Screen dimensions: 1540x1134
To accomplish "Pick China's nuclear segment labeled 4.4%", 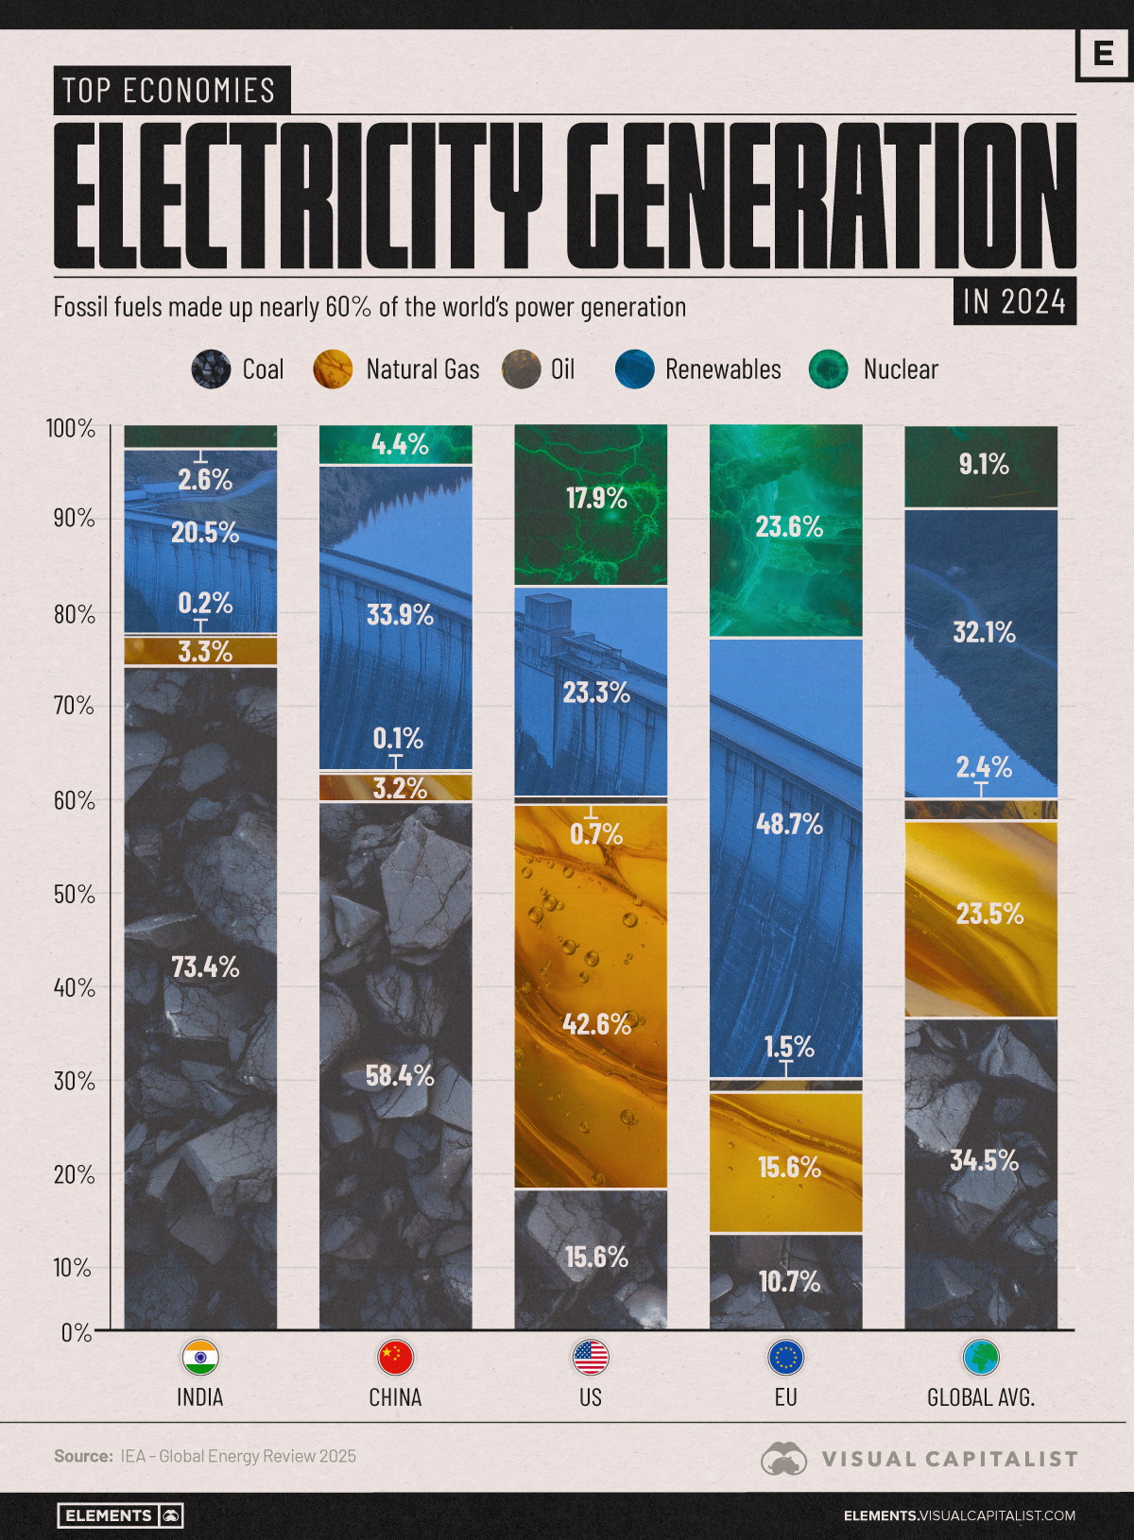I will (x=396, y=444).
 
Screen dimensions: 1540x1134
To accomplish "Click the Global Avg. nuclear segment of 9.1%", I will (x=981, y=466).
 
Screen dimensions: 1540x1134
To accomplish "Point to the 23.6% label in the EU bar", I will (x=789, y=527).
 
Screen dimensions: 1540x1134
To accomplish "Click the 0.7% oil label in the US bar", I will (x=596, y=834).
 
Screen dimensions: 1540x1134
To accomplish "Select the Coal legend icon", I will (x=211, y=369).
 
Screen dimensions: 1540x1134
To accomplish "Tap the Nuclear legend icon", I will (x=829, y=369).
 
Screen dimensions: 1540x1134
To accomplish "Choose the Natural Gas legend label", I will (x=422, y=369).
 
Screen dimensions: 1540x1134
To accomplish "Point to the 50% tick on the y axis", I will (x=72, y=894).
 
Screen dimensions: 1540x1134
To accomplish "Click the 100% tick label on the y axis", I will (x=71, y=429).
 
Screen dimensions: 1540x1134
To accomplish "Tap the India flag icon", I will (x=200, y=1358).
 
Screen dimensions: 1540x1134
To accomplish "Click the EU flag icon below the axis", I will (x=785, y=1358).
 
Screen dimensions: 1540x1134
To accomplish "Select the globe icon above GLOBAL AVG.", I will (x=981, y=1358).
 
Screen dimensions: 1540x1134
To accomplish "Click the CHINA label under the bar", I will (x=395, y=1397).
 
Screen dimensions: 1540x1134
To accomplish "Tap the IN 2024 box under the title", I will (x=1014, y=301).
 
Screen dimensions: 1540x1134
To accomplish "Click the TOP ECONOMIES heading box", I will (x=171, y=91).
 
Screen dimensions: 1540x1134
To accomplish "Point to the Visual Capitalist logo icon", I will (x=783, y=1459).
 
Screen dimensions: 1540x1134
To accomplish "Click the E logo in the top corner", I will (x=1103, y=54).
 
